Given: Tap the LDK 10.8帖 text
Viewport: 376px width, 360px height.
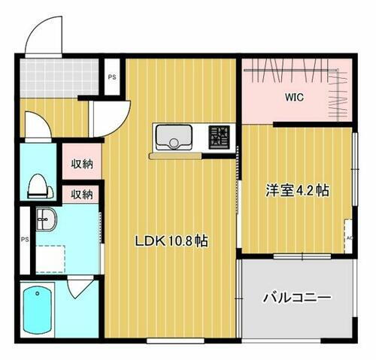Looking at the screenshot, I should [171, 241].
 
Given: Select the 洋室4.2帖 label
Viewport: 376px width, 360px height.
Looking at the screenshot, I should [295, 191].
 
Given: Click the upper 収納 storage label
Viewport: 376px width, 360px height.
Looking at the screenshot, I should [82, 162].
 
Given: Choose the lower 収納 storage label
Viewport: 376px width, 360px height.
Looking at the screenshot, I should [82, 194].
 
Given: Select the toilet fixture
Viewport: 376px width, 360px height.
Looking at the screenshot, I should [36, 184].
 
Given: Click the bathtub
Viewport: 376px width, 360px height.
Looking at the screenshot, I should [37, 313].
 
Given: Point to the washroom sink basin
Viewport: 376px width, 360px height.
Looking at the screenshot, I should [44, 219].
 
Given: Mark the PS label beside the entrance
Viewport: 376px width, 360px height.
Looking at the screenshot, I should [112, 77].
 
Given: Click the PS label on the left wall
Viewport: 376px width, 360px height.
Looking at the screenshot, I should [25, 240].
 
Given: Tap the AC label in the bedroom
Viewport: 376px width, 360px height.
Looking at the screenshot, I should [349, 238].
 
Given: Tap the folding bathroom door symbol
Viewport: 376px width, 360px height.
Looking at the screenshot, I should [79, 289].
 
